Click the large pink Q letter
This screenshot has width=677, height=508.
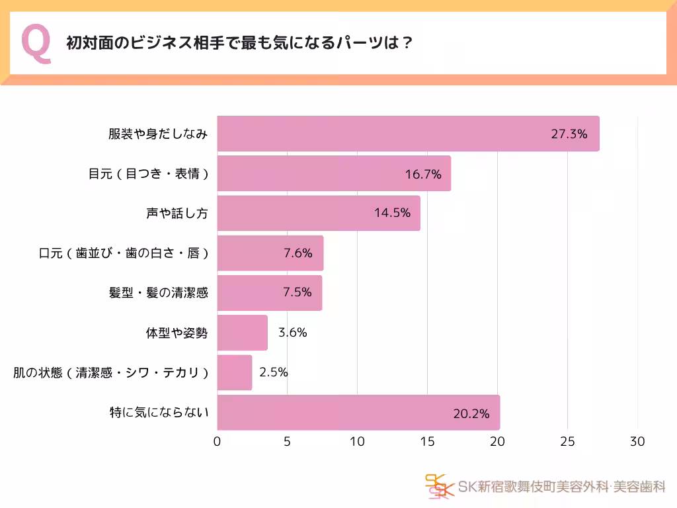coord(36,44)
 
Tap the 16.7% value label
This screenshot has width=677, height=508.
coord(423,174)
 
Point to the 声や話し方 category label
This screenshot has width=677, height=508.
coord(177,214)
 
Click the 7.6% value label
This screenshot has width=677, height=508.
coord(298,253)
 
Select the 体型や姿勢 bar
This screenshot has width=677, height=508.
coord(242,333)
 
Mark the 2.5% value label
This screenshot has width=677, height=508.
coord(274,372)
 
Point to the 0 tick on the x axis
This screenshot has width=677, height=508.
coord(218,442)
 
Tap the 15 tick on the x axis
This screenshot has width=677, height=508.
coord(427,442)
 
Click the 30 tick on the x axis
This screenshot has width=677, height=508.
coord(637,442)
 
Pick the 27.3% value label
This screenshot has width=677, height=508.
coord(569,134)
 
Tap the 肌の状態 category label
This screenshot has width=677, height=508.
coord(111,373)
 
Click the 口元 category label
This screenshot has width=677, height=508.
coord(124,253)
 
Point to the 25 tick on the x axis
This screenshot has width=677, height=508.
coord(567,442)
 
